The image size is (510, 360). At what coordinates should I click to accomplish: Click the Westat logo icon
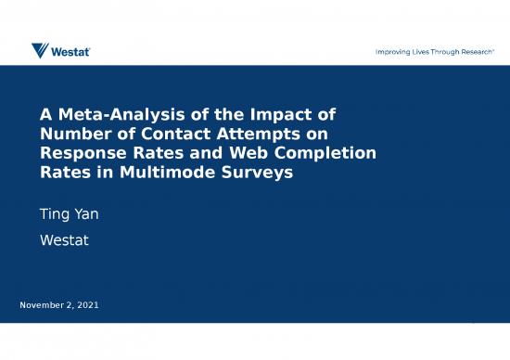pos(41,50)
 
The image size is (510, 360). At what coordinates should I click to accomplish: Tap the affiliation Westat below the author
pos(62,239)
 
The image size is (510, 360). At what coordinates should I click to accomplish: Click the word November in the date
pos(45,305)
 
